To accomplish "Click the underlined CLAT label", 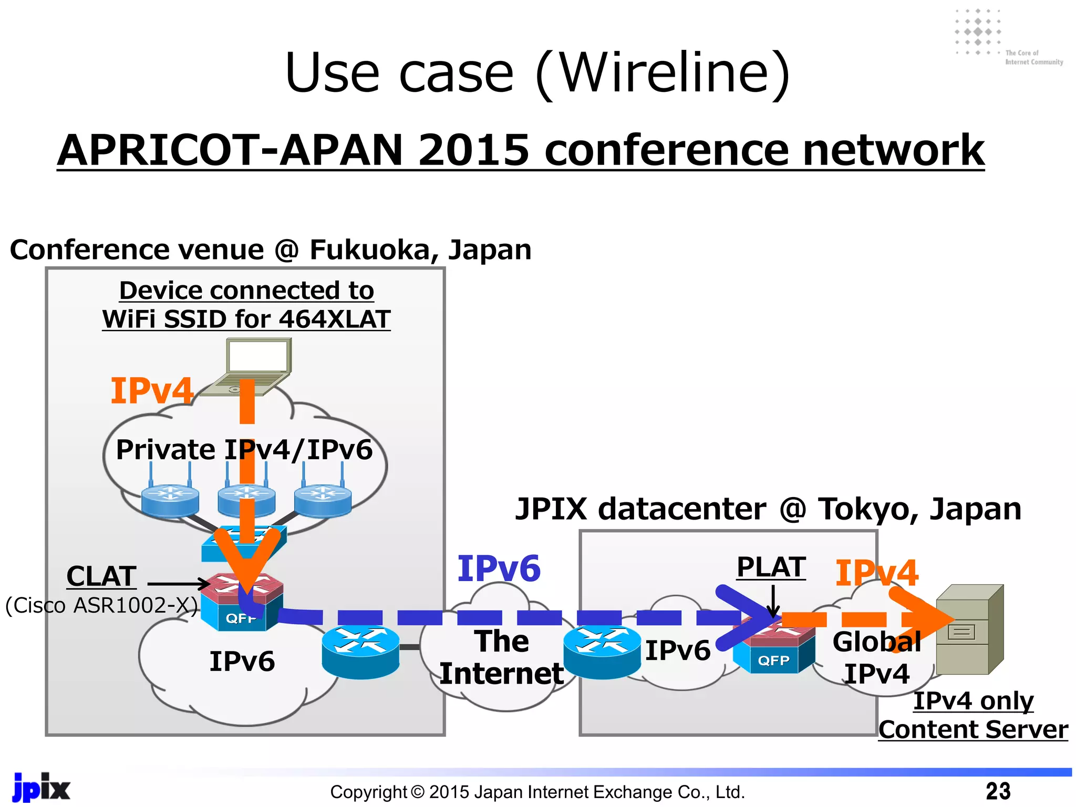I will click(101, 576).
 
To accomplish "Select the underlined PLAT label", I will click(771, 567).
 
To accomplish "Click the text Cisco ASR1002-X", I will click(101, 605).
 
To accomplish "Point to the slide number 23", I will click(998, 791).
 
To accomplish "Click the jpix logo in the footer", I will click(41, 788).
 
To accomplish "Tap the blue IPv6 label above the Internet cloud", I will click(499, 568).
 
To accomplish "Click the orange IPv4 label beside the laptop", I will click(152, 391).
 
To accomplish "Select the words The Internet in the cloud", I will click(501, 657).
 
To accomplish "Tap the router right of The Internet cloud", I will click(602, 651).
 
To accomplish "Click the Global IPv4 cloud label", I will click(876, 658).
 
